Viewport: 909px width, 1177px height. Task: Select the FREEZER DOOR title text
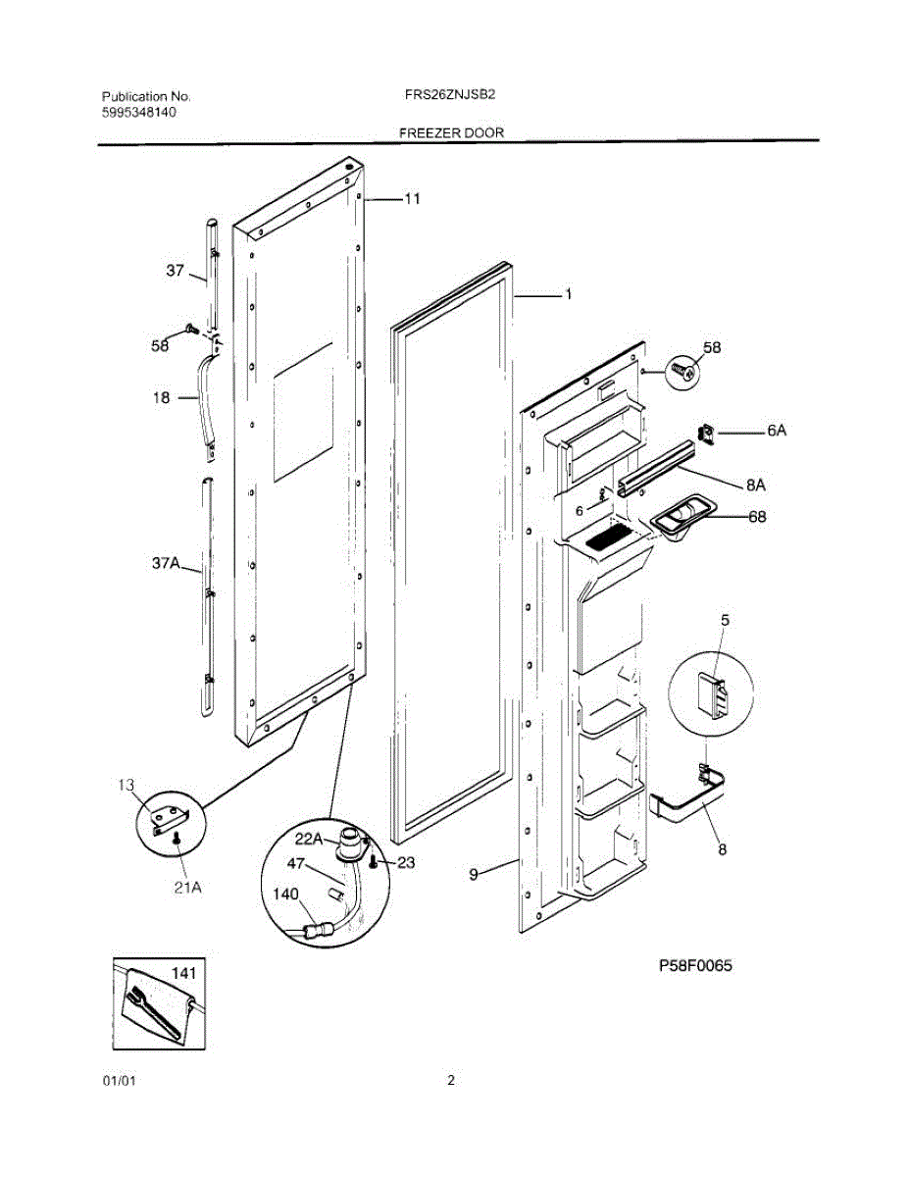click(452, 132)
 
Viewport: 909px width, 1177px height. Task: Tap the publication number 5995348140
click(139, 112)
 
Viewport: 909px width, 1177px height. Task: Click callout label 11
click(412, 198)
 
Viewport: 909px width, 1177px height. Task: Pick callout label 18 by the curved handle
click(161, 397)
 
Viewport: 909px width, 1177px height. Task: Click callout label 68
click(757, 517)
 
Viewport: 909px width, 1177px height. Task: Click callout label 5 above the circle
click(725, 620)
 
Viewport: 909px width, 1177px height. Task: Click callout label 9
click(475, 874)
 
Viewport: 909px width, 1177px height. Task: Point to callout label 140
click(286, 895)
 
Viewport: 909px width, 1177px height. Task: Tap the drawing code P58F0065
click(695, 966)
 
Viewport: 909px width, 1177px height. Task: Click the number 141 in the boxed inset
click(184, 973)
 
